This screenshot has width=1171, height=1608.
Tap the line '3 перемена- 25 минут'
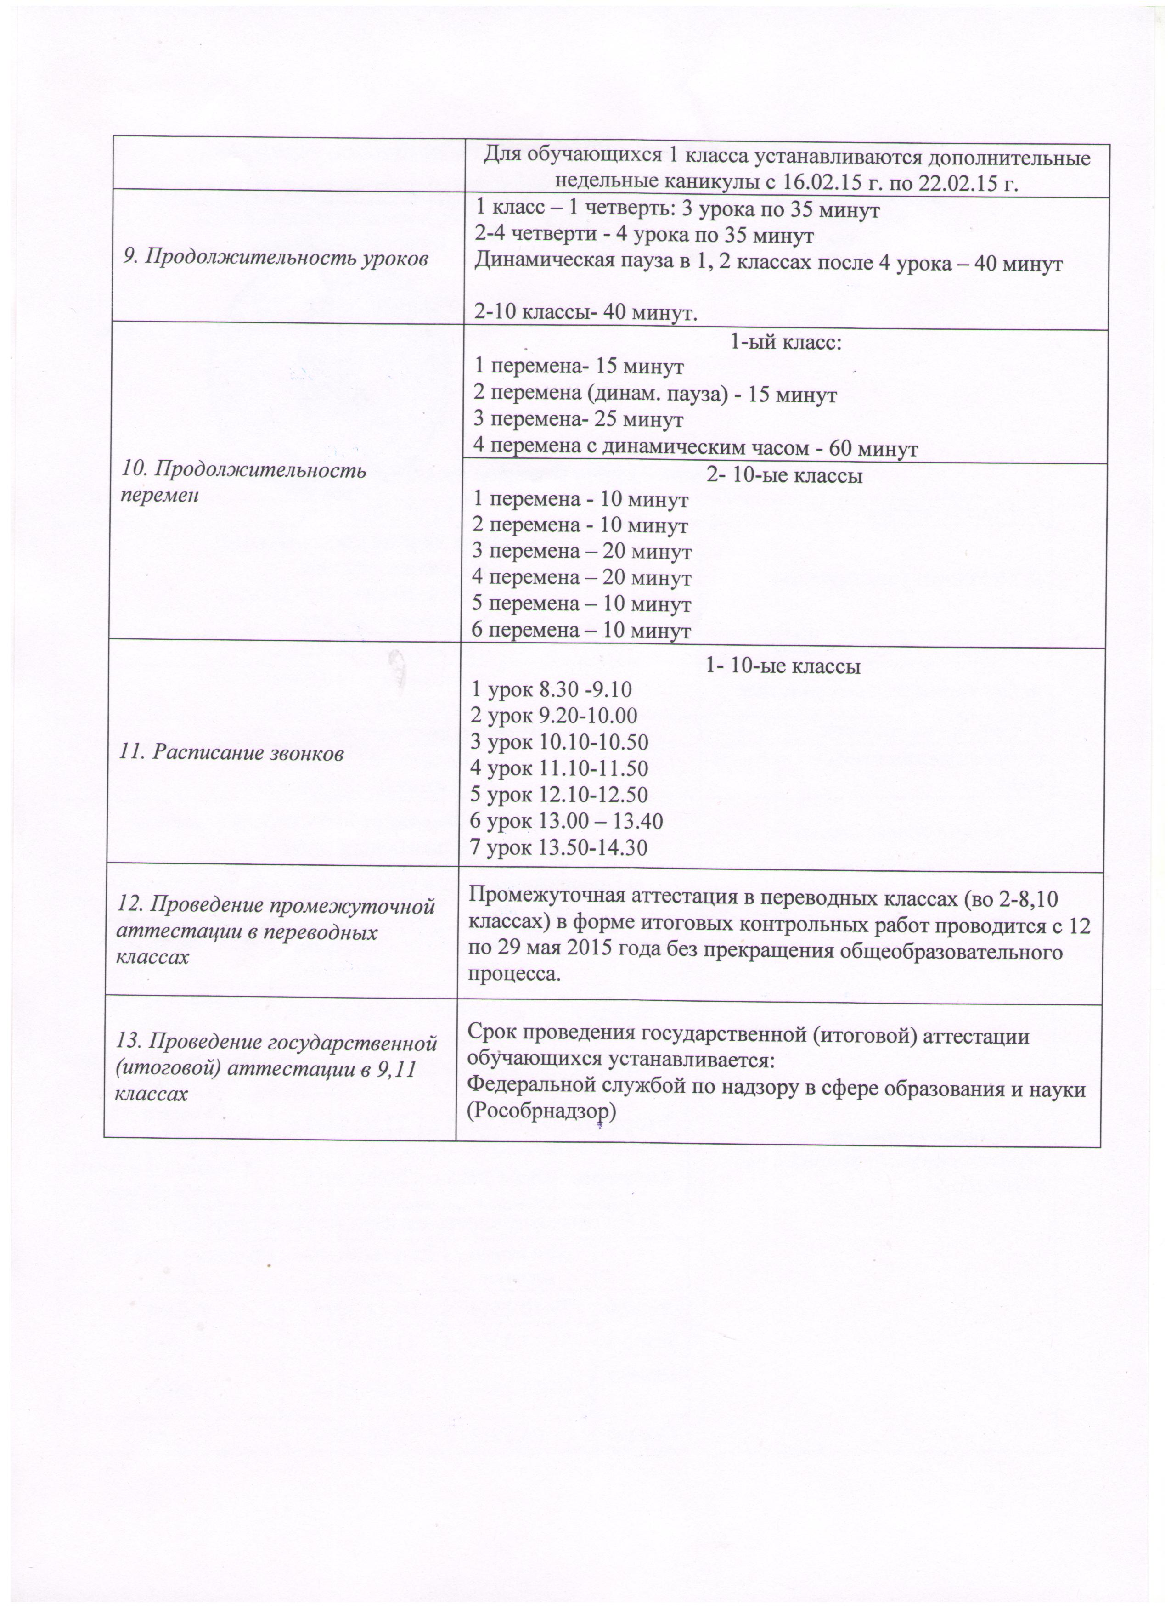point(579,420)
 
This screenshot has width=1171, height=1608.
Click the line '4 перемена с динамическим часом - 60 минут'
point(695,448)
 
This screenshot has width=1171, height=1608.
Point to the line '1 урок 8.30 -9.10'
point(552,689)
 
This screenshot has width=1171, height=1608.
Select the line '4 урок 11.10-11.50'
point(560,768)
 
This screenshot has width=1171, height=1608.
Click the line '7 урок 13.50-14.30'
point(559,847)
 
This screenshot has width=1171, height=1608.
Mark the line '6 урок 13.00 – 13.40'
point(567,821)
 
